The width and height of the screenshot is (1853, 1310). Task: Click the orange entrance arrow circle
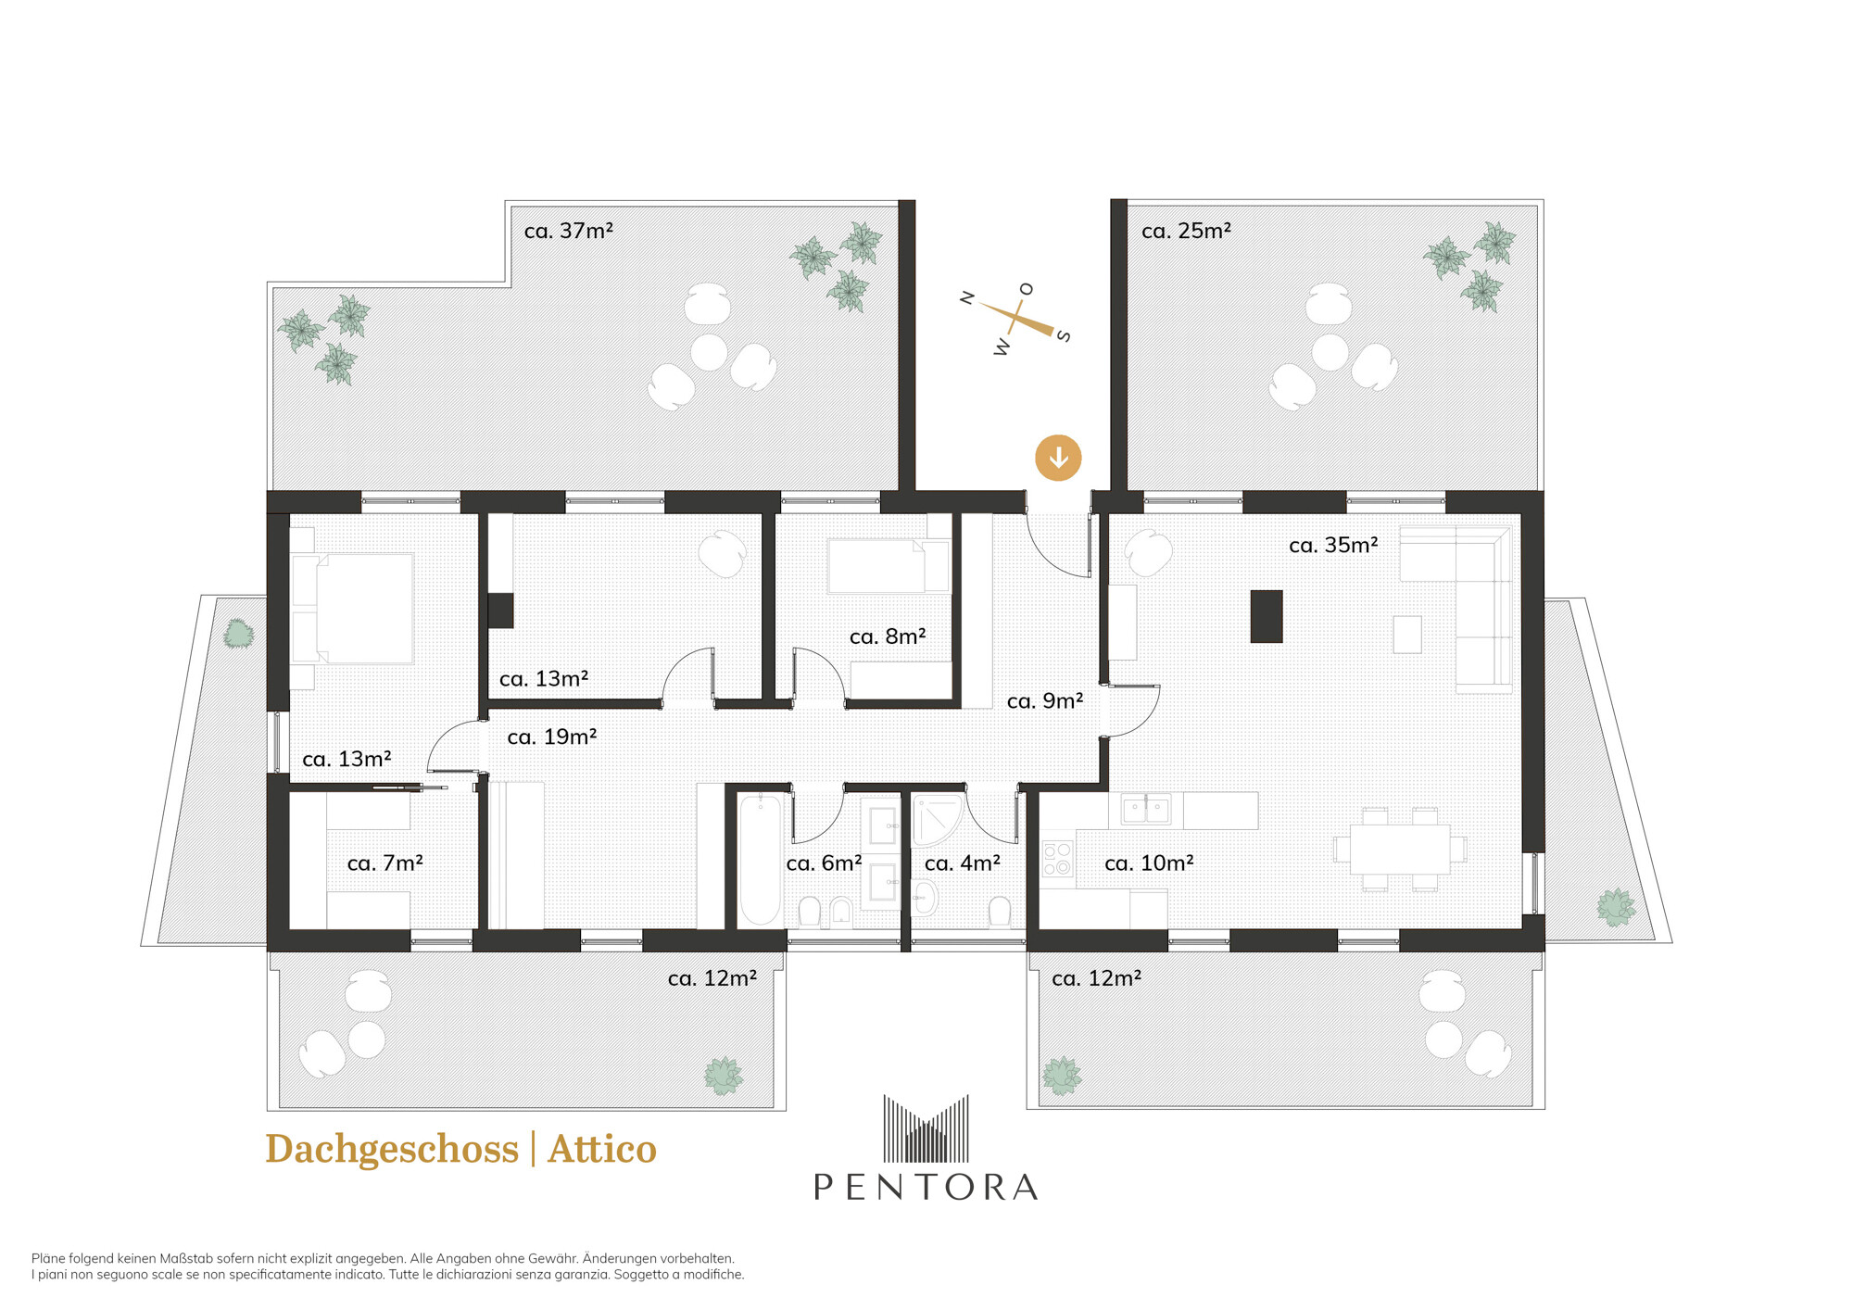tap(1058, 458)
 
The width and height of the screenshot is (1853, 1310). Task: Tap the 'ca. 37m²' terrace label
tap(569, 231)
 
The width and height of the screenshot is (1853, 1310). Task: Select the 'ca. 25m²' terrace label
tap(1186, 231)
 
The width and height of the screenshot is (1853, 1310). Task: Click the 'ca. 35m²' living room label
tap(1333, 545)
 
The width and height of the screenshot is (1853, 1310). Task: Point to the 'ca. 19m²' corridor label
tap(552, 737)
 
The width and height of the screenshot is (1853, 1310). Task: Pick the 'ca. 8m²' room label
tap(888, 636)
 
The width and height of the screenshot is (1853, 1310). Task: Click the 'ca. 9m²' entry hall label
tap(1045, 701)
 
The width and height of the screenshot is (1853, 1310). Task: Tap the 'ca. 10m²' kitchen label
tap(1149, 863)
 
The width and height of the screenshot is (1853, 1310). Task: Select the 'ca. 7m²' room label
tap(384, 863)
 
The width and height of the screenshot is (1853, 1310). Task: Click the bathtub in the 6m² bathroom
tap(760, 860)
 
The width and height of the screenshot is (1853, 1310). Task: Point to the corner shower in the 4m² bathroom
tap(938, 821)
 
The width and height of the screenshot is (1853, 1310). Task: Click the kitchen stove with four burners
tap(1057, 858)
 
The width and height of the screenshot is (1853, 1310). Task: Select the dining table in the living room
tap(1400, 849)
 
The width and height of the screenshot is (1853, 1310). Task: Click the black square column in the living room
tap(1267, 616)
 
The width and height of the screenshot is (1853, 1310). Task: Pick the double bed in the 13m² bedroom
tap(353, 609)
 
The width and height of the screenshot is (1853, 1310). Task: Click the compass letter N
tap(967, 297)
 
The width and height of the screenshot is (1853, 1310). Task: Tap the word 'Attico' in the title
tap(602, 1149)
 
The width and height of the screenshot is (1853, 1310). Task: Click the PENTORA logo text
tap(926, 1187)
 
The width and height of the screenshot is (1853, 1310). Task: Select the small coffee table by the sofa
tap(1407, 635)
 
